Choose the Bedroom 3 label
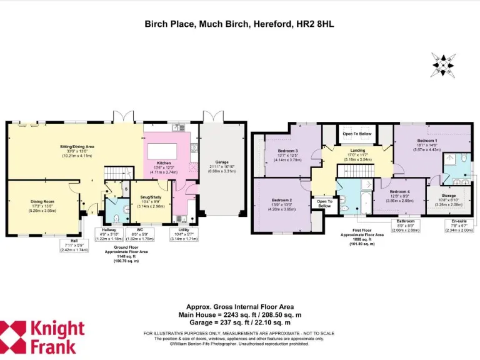(x=288, y=151)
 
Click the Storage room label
(x=448, y=195)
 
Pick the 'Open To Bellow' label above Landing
(x=357, y=134)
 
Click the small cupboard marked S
(x=125, y=188)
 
